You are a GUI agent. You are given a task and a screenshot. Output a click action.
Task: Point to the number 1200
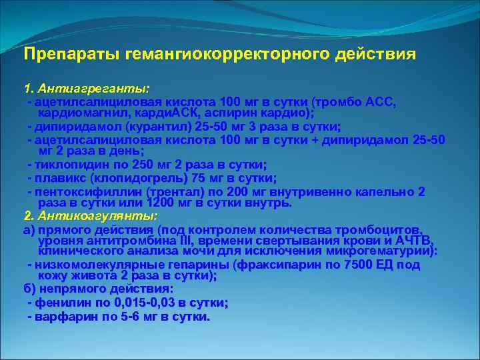159,202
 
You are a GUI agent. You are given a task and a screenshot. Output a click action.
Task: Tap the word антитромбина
118,240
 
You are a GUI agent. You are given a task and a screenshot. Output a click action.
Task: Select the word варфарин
62,316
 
